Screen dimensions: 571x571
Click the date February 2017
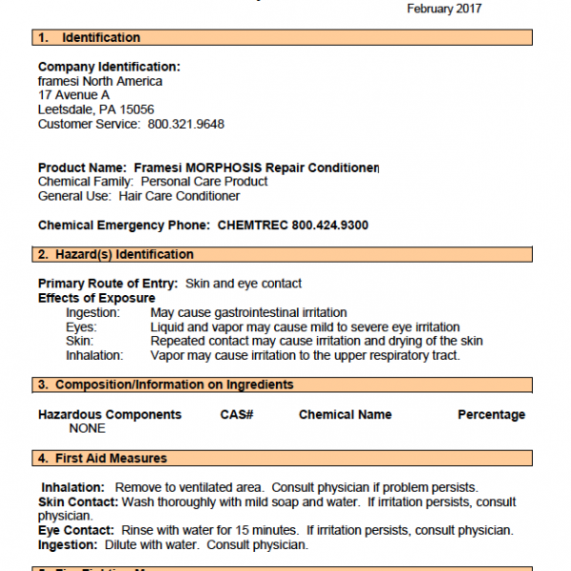[x=444, y=9]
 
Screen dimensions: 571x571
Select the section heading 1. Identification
[x=89, y=38]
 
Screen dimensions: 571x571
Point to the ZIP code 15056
[x=136, y=109]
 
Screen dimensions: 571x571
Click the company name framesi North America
[x=100, y=81]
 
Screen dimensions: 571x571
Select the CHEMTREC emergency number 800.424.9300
[x=322, y=226]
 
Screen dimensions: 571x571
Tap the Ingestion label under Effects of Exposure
[x=92, y=313]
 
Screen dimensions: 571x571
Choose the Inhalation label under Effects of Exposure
[x=94, y=356]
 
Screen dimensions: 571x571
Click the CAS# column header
[x=236, y=415]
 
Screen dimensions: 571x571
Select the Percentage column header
[x=491, y=415]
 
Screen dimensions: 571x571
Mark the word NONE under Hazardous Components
[x=88, y=429]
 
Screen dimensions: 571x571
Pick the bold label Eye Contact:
[x=77, y=530]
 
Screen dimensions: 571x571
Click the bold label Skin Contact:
[x=78, y=502]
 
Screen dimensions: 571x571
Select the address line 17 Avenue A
[x=73, y=95]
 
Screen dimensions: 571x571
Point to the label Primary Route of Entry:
[x=108, y=284]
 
